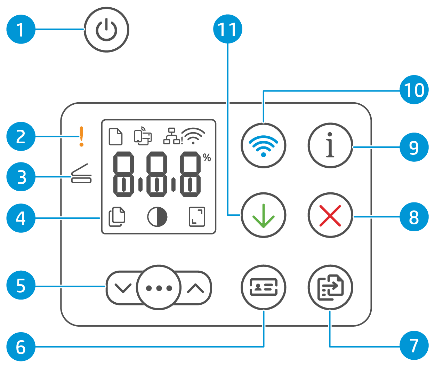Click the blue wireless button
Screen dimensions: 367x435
(263, 145)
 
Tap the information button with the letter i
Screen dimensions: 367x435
(330, 145)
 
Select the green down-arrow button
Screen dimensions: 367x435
(263, 215)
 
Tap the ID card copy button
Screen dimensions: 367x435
(263, 287)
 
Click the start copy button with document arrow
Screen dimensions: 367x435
(330, 287)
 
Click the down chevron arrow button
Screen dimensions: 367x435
(122, 288)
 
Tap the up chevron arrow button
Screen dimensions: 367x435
(195, 288)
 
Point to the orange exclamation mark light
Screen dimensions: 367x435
(81, 136)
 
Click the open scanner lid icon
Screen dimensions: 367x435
(81, 173)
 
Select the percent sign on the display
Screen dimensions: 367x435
(207, 158)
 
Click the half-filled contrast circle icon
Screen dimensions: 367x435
(157, 217)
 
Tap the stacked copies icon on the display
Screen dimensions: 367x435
(117, 217)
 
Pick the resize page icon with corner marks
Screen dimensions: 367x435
(197, 217)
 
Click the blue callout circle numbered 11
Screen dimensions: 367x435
(228, 29)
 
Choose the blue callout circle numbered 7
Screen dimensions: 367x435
(414, 346)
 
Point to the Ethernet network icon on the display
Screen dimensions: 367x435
(171, 136)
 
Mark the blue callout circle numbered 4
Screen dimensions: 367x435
(21, 218)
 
